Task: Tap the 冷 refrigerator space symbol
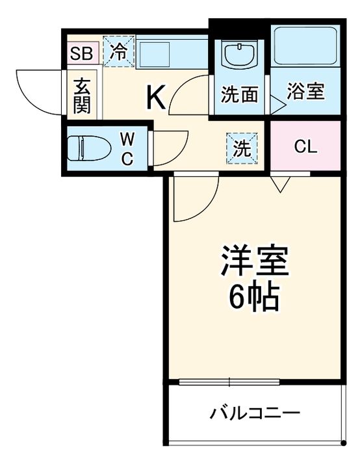(x=118, y=52)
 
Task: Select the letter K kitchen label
(x=156, y=97)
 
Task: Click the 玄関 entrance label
(x=82, y=95)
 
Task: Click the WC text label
(x=127, y=149)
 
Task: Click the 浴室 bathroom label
(x=305, y=92)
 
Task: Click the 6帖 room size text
(x=253, y=298)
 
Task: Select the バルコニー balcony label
(x=255, y=413)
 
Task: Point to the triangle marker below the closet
(x=281, y=185)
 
